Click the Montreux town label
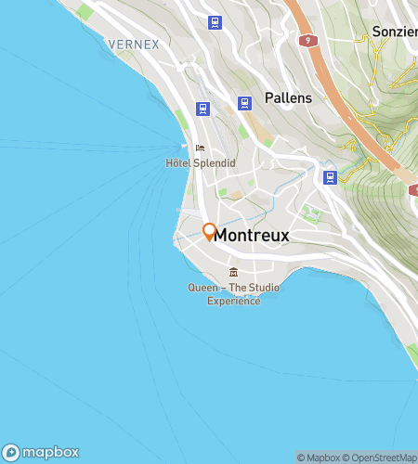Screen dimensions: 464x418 click(252, 237)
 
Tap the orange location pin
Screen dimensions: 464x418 click(210, 230)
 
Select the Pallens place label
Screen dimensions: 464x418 click(287, 97)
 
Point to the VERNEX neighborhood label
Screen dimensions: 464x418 click(134, 44)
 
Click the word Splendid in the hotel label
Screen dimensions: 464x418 click(215, 163)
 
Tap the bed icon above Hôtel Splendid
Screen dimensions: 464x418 click(200, 148)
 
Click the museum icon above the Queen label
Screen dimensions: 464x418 click(232, 272)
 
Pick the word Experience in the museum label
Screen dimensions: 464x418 click(233, 301)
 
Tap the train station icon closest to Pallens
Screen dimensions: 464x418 click(245, 103)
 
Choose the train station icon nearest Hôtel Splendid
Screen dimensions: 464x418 click(202, 109)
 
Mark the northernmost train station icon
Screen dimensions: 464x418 click(216, 21)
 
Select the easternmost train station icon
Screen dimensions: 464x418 click(330, 176)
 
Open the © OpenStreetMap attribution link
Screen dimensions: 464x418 click(381, 458)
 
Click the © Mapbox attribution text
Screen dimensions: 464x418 click(319, 458)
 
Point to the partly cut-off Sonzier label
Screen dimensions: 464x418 click(394, 31)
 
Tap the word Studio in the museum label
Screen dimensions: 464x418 click(261, 288)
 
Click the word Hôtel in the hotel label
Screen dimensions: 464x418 click(179, 163)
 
